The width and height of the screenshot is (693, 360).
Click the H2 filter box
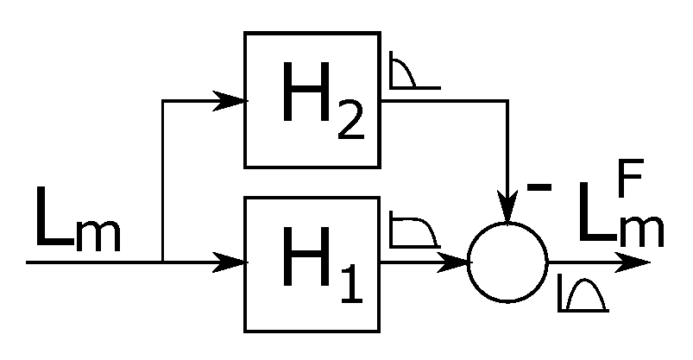pyautogui.click(x=312, y=99)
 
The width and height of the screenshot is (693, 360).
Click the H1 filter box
pyautogui.click(x=312, y=263)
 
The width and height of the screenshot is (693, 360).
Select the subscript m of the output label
pyautogui.click(x=643, y=233)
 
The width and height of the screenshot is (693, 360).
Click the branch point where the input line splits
pyautogui.click(x=162, y=260)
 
